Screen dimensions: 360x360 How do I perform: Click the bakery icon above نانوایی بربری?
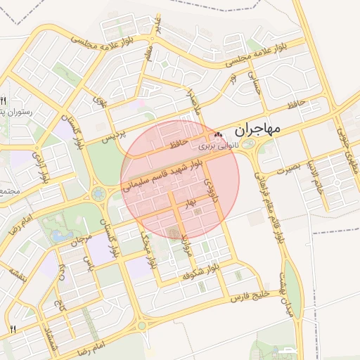pyautogui.click(x=218, y=135)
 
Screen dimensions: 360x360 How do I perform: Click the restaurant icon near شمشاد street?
pyautogui.click(x=12, y=328)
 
